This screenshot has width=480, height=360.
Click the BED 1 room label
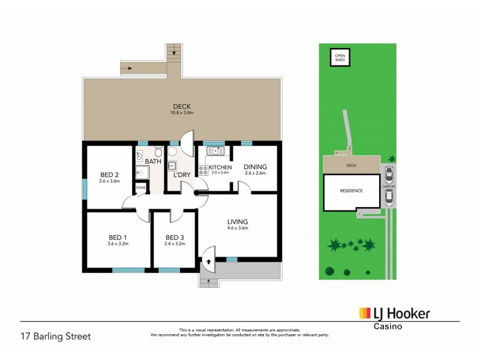(x=118, y=237)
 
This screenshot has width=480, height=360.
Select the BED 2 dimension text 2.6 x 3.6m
(x=110, y=181)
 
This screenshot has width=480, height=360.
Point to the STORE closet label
(x=140, y=188)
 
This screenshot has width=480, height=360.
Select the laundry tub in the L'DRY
(x=172, y=167)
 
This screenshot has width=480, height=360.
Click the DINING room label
(x=255, y=167)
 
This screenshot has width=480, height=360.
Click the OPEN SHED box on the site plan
(x=340, y=58)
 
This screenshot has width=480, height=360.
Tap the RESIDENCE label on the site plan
(x=352, y=191)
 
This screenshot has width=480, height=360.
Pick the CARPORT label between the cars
(x=389, y=187)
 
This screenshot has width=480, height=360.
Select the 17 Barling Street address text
(x=55, y=336)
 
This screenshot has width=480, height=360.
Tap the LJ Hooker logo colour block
(x=365, y=313)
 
